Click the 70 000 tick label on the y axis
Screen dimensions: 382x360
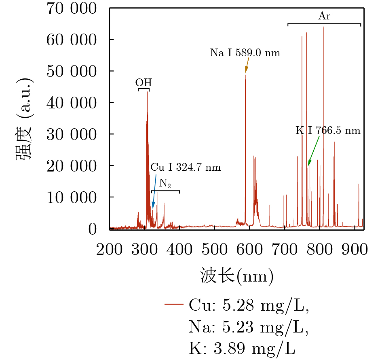(x=72, y=8)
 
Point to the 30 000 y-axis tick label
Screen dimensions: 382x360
(x=72, y=134)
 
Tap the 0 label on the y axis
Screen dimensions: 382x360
(x=92, y=229)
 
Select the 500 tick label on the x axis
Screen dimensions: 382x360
(x=215, y=249)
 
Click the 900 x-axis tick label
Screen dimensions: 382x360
(x=355, y=249)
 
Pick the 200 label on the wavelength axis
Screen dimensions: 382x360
(x=110, y=249)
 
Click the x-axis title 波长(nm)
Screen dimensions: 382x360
(x=237, y=277)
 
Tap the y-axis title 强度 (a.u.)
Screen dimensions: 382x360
(x=24, y=119)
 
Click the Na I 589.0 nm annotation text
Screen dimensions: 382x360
(x=245, y=53)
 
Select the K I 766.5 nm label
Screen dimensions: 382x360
(x=328, y=130)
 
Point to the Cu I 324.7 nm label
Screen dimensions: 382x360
(x=186, y=167)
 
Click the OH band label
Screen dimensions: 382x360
(x=144, y=83)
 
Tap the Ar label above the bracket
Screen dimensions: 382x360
(x=324, y=16)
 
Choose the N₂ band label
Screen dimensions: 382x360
(x=165, y=183)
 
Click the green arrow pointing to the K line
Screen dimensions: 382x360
(x=314, y=151)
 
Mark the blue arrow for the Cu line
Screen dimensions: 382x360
(x=154, y=191)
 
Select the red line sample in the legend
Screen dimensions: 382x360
(x=174, y=304)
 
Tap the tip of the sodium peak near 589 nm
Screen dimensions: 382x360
(x=245, y=74)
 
